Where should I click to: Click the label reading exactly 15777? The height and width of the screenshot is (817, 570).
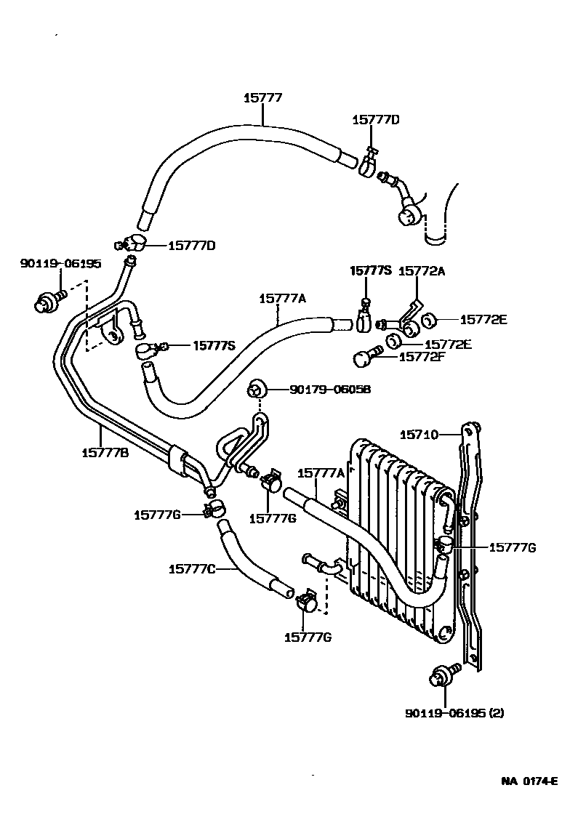tap(262, 97)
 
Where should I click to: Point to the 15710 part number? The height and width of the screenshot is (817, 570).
tap(419, 435)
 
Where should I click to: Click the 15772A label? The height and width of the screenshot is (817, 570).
tap(422, 270)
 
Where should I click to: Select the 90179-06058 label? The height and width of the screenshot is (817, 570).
tap(330, 390)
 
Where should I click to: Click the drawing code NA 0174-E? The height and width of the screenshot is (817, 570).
tap(529, 782)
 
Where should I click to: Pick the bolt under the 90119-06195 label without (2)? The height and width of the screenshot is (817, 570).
tap(48, 300)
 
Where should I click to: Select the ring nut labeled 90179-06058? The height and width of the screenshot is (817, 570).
tap(257, 390)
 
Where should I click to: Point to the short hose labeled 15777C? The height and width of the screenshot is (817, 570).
tap(244, 560)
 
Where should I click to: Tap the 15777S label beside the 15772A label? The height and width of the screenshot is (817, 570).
tap(371, 270)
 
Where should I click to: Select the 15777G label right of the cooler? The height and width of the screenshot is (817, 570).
tap(513, 547)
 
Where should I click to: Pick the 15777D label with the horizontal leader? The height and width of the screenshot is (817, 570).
tap(192, 246)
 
